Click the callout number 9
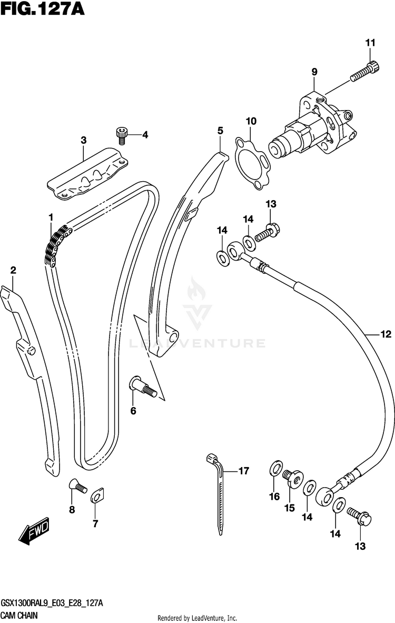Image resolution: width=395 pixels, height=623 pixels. point(314,72)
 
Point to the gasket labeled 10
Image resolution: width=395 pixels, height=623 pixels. point(252,158)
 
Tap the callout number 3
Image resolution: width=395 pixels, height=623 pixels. point(83,140)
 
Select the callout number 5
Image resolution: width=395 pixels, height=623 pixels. point(220,130)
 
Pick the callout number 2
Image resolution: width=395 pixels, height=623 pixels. point(13,271)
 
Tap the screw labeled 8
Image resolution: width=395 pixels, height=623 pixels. point(77,486)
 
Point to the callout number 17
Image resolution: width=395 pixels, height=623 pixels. point(243,471)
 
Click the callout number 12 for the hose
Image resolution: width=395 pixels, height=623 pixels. point(386,333)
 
